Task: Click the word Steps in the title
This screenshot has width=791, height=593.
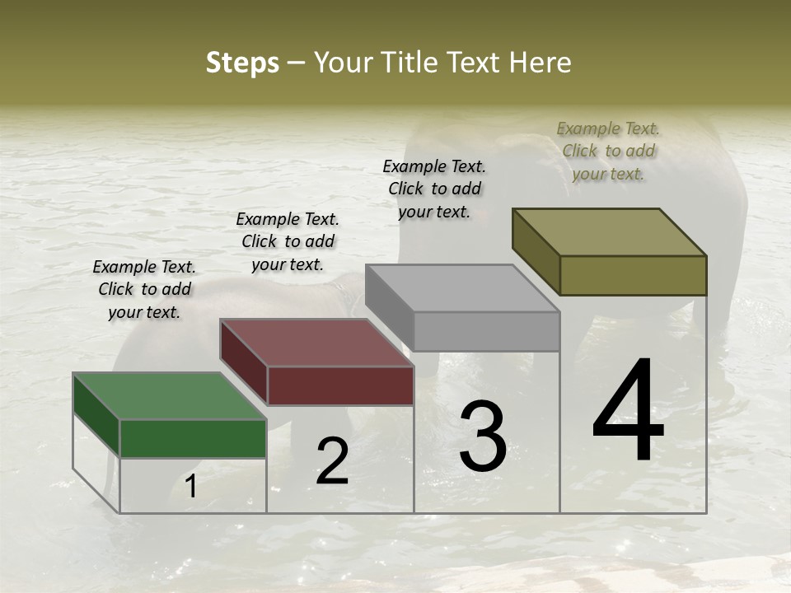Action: (242, 63)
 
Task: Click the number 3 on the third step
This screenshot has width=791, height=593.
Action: (483, 437)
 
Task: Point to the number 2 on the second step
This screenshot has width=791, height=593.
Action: (333, 461)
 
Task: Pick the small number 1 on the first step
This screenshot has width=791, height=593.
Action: (191, 487)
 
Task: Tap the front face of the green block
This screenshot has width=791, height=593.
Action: (193, 438)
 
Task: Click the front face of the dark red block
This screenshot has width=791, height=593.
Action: (340, 385)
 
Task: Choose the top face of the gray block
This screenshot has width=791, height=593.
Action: (462, 288)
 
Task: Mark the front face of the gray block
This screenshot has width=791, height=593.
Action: (486, 331)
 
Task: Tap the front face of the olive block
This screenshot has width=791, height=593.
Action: (633, 275)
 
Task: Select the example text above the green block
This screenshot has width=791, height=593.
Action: (144, 289)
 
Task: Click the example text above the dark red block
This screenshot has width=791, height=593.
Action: (288, 241)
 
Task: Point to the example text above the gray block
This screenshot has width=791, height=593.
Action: (434, 189)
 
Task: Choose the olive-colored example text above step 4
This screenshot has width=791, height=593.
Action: (608, 151)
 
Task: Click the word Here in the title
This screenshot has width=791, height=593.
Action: (541, 63)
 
